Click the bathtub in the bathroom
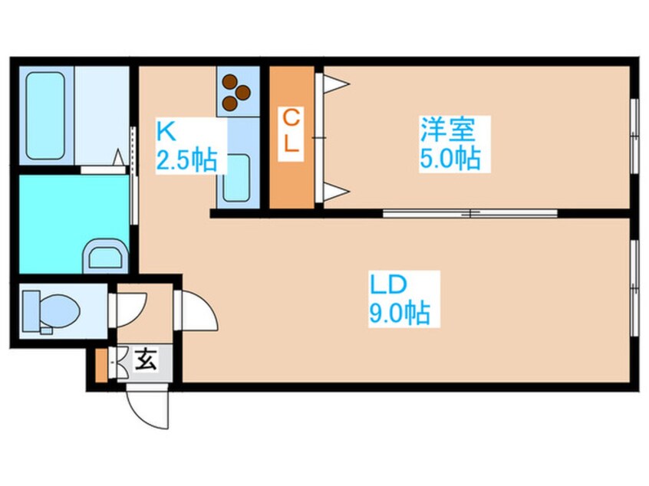click(45, 114)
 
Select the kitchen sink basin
click(238, 177)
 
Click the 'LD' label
click(392, 284)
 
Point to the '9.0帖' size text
click(400, 314)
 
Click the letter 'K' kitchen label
click(165, 130)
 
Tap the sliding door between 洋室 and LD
click(469, 213)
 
